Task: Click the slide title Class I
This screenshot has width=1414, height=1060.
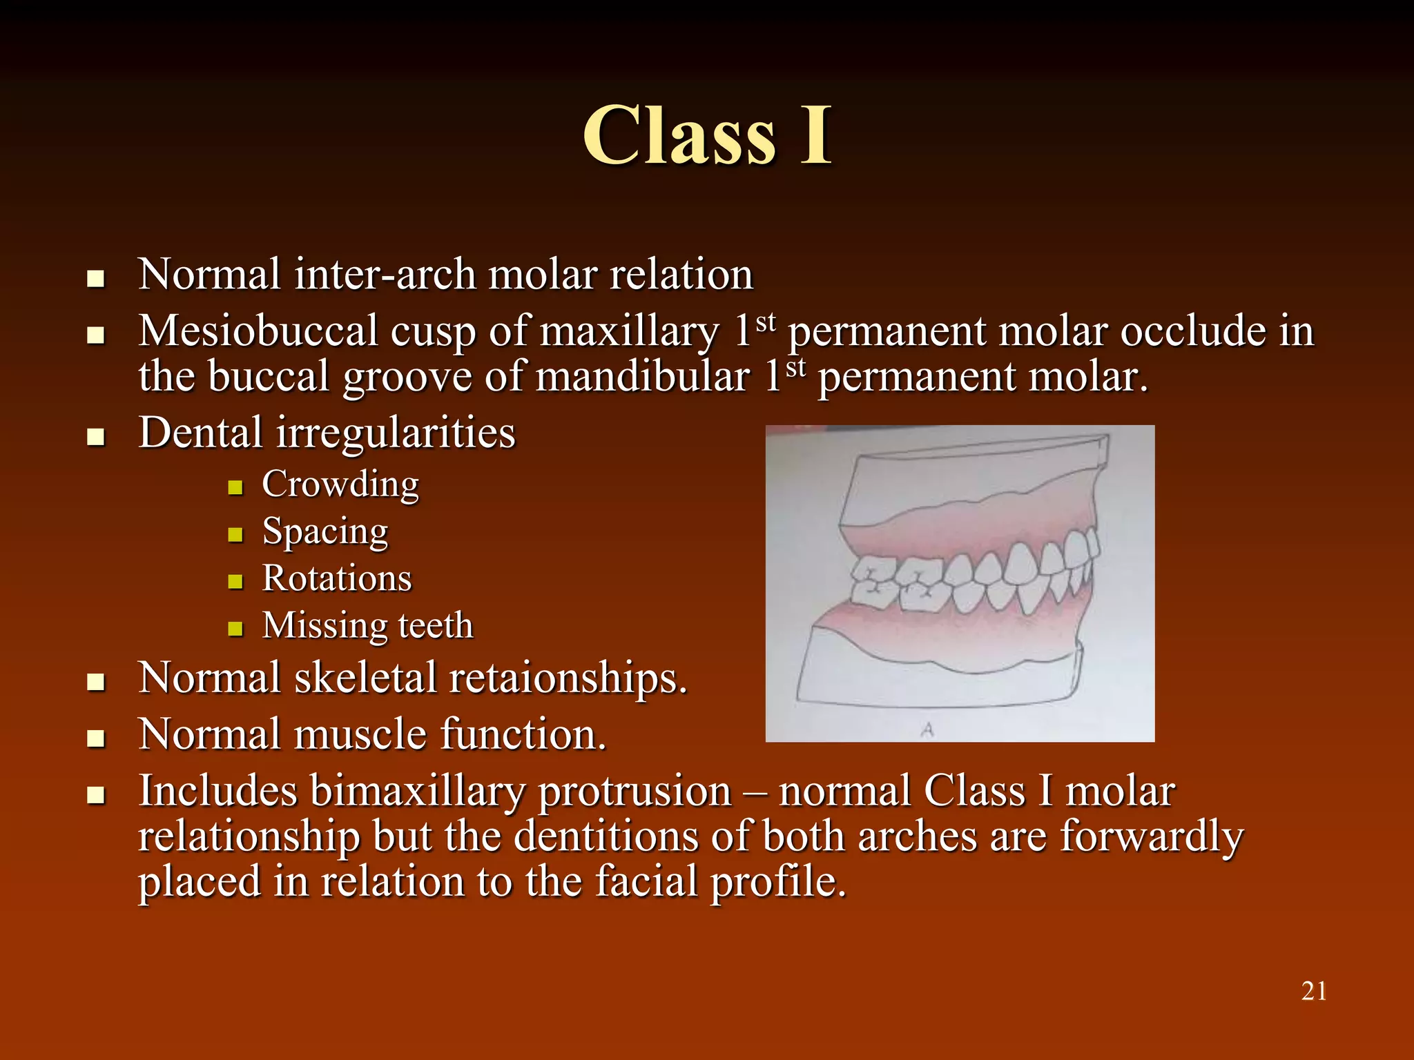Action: coord(707,136)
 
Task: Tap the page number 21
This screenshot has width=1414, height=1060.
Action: coord(1313,992)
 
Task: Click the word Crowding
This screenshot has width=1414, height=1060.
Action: coord(340,484)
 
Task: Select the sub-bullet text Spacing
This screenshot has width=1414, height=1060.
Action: coord(325,532)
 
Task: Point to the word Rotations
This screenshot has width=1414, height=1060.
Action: coord(337,578)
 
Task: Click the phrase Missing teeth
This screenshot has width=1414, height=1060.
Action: coord(368,626)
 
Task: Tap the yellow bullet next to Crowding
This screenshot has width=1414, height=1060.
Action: coord(235,488)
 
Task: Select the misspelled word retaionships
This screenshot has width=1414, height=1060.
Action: coord(568,678)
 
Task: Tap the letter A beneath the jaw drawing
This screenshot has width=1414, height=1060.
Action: coord(927,729)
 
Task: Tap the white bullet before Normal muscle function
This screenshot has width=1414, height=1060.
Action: coord(96,739)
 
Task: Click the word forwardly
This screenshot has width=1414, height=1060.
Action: coord(1151,836)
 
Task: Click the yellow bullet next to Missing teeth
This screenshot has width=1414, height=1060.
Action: coord(235,629)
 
